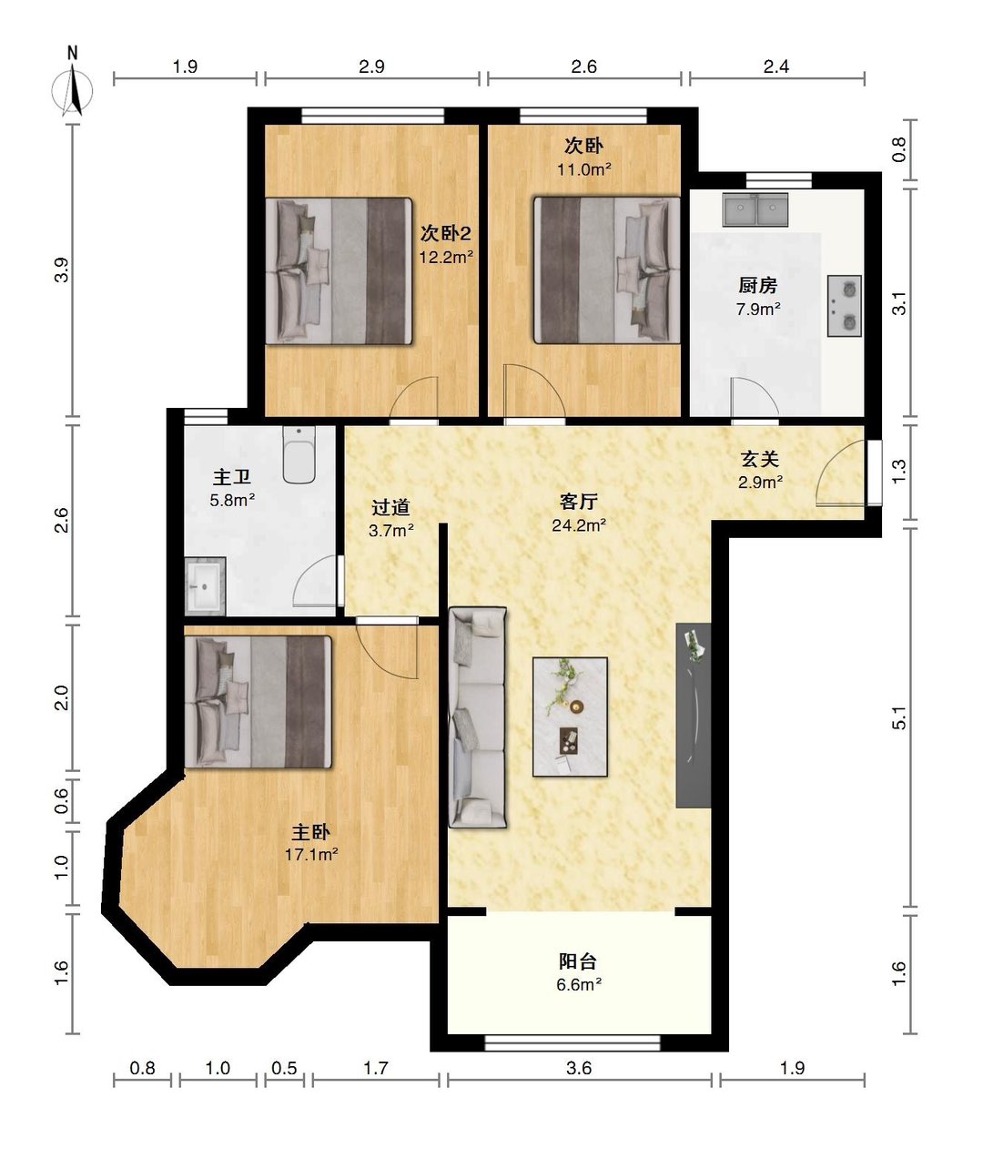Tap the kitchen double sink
[755, 209]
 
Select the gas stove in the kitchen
[844, 306]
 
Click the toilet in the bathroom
[299, 454]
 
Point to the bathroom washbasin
[205, 586]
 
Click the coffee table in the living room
[570, 717]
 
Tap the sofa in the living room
[478, 717]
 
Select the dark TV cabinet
[694, 715]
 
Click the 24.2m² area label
[579, 525]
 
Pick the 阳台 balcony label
[578, 961]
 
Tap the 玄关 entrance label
[760, 459]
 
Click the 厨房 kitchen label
[757, 285]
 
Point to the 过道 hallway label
[390, 507]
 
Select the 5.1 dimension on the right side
[898, 717]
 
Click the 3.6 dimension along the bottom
[579, 1068]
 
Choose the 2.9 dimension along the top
[371, 66]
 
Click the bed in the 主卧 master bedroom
[258, 701]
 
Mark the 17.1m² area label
[311, 855]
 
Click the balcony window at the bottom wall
[573, 1043]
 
